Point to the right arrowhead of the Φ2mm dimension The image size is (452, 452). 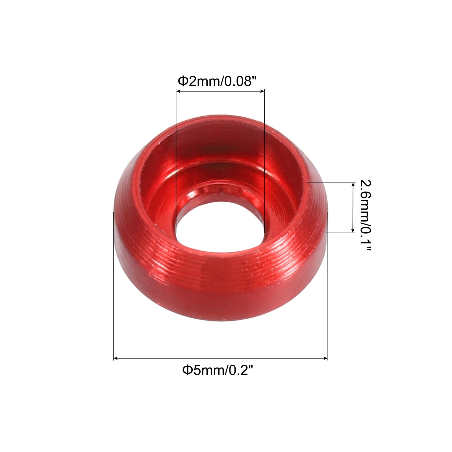[x=262, y=91]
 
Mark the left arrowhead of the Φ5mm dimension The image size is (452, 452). [x=116, y=358]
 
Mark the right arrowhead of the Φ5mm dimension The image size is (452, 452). [x=325, y=358]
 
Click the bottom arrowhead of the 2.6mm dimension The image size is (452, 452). [x=353, y=230]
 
